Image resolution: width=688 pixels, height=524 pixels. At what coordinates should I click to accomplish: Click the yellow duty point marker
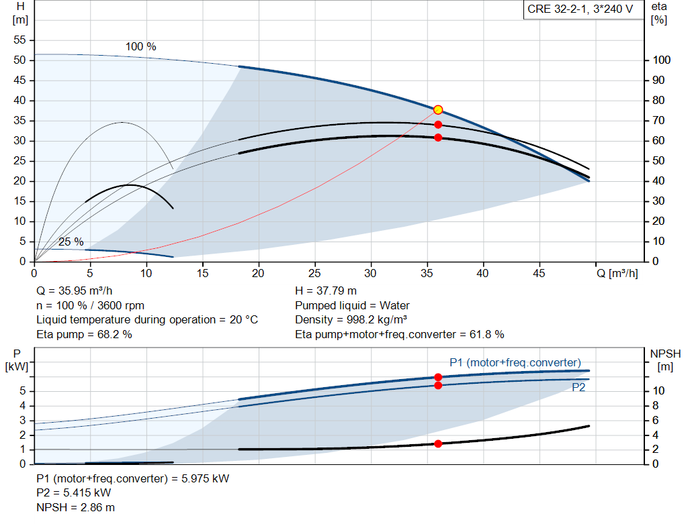point(438,109)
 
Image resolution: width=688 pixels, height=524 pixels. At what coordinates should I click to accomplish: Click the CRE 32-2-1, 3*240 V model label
point(580,9)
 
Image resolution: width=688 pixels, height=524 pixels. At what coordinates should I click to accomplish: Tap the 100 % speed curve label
point(141,46)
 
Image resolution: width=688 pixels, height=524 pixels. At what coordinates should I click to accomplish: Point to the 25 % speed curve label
point(71,242)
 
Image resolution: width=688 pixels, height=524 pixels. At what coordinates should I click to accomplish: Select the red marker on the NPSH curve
point(438,443)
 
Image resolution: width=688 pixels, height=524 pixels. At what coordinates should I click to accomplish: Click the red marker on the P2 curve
point(438,386)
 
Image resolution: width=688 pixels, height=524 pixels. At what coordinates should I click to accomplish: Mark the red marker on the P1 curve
point(438,377)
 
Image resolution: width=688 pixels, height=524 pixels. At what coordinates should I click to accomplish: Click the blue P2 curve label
point(578,387)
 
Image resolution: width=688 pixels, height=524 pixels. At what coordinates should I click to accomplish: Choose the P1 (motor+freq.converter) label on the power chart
point(515,363)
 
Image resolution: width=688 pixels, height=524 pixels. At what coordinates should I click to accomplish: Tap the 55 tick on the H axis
point(19,40)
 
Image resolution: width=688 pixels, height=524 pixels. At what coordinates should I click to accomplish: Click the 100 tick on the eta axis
point(661,60)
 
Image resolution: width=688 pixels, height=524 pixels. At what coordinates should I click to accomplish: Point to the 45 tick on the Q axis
point(539,273)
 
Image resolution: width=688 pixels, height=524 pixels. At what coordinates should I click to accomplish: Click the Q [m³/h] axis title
point(617,273)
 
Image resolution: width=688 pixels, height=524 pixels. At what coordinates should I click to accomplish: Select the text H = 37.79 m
point(326,291)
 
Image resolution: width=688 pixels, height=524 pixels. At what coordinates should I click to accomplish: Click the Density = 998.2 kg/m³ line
point(351,320)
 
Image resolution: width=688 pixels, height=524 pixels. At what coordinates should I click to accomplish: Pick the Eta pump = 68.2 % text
point(84,334)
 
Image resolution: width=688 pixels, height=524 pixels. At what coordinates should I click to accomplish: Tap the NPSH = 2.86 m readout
point(75,507)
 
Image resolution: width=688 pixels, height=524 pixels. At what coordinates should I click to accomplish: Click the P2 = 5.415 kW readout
point(74,493)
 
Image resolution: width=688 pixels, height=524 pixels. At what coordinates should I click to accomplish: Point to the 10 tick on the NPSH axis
point(658,390)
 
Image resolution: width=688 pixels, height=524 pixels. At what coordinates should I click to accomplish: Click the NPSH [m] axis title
point(665,360)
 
